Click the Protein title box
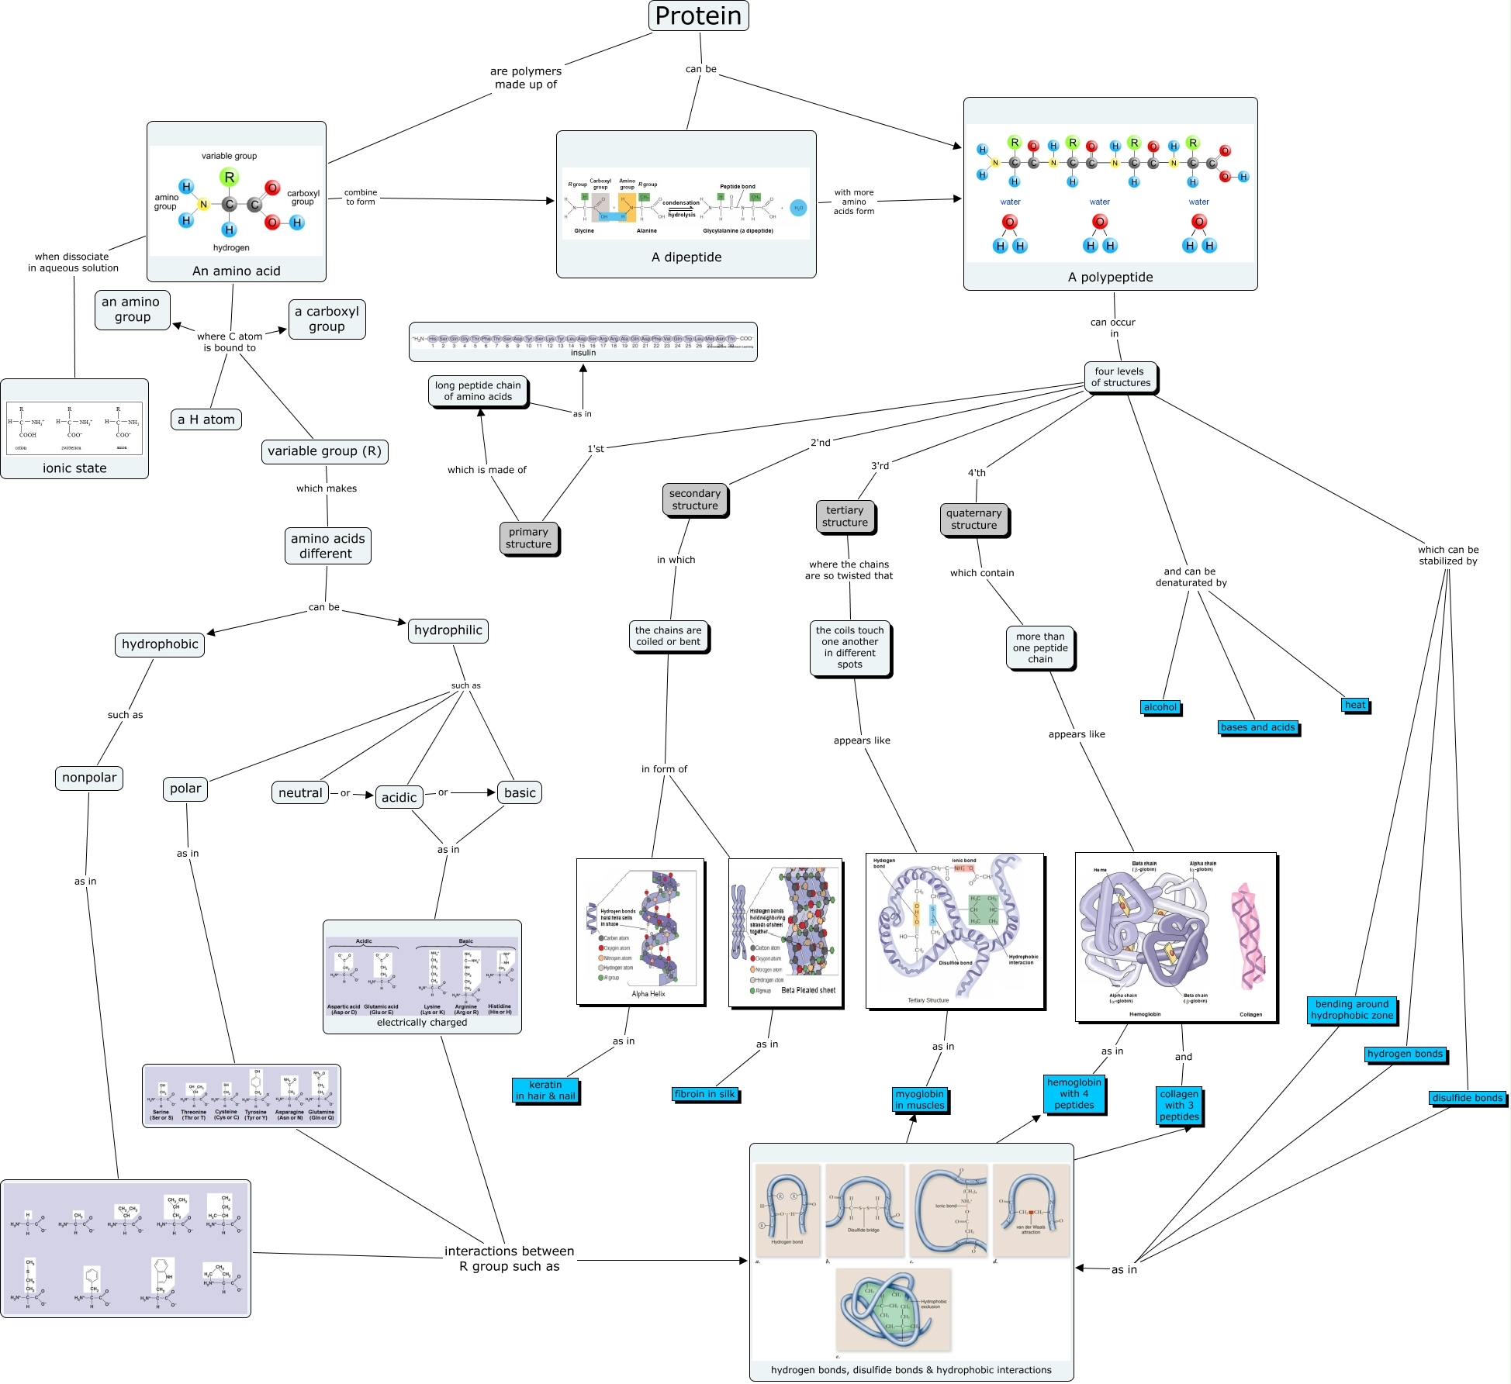coord(698,16)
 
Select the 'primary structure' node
coord(528,538)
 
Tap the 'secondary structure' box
coord(695,500)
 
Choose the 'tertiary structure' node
coord(845,516)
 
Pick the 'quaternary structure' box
coord(973,519)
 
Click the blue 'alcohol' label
coord(1160,707)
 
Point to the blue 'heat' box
coord(1355,705)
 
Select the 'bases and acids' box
coord(1257,727)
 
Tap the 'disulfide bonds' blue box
coord(1468,1098)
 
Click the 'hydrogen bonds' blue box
coord(1405,1054)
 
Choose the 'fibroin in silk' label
coord(704,1094)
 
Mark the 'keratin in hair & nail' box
coord(545,1090)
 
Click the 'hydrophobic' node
coord(160,644)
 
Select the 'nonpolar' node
coord(89,778)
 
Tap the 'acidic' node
coord(399,797)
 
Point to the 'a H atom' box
coord(206,419)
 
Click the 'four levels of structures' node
coord(1120,377)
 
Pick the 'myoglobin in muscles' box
coord(920,1099)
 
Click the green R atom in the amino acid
coord(229,178)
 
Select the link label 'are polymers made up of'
coord(526,78)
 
